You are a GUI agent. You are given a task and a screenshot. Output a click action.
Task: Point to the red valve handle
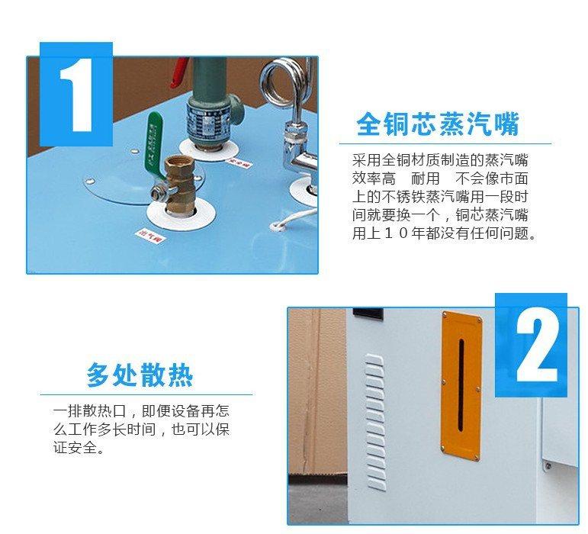pyautogui.click(x=178, y=69)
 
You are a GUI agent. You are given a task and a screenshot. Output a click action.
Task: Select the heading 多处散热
pyautogui.click(x=140, y=375)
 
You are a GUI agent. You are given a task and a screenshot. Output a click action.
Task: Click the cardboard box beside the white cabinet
pyautogui.click(x=316, y=397)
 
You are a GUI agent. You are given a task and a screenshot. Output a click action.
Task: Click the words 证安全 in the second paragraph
pyautogui.click(x=75, y=449)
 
